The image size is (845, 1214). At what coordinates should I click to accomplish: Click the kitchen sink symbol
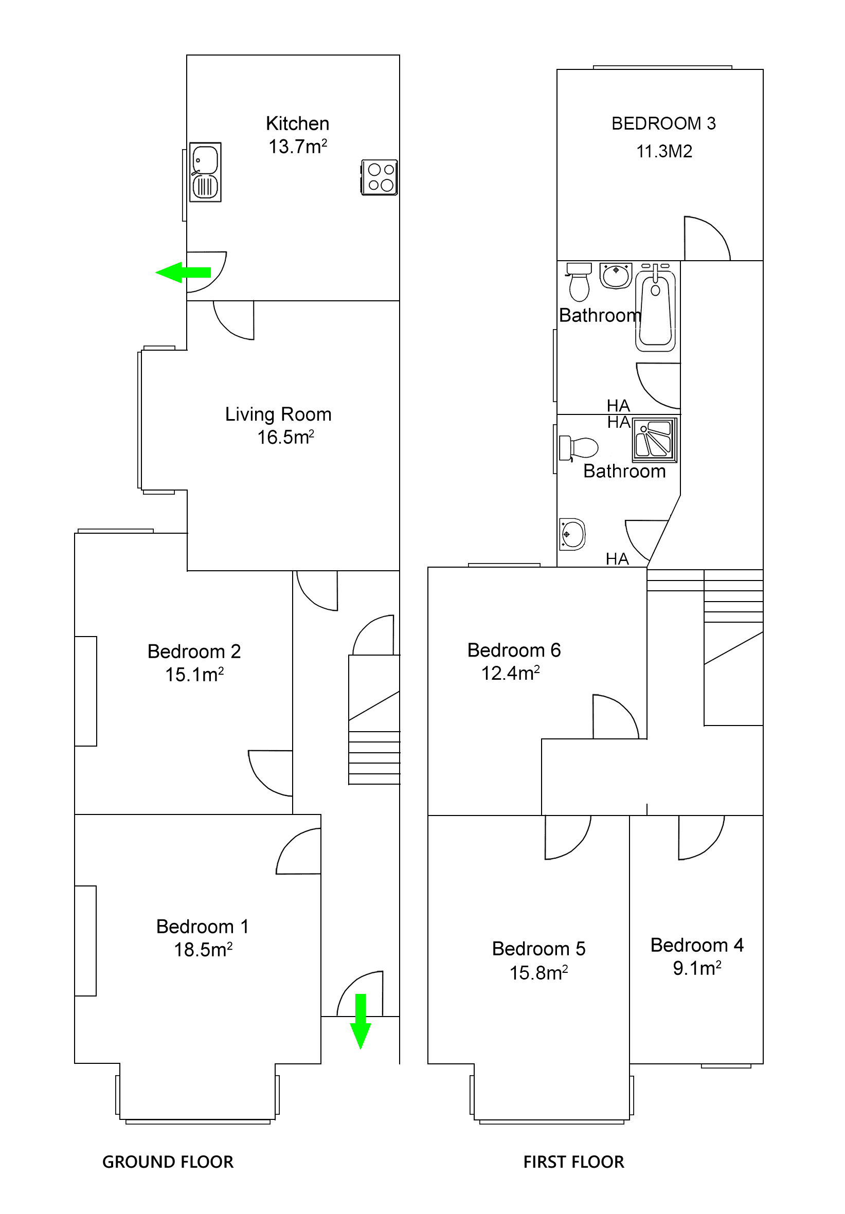coord(205,172)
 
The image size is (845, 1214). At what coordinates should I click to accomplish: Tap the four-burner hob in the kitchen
coord(379,177)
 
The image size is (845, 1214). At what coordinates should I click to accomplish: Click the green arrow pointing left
coord(183,273)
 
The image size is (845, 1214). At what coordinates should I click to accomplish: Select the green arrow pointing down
coord(360,1021)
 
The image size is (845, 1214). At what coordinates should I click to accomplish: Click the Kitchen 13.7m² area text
coord(297,135)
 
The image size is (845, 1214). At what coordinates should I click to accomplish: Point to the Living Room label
coord(278,414)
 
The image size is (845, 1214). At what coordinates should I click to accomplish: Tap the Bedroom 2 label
coord(194,651)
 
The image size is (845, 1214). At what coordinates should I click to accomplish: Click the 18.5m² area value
coord(203,950)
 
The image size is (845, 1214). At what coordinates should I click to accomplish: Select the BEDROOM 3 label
coord(663,123)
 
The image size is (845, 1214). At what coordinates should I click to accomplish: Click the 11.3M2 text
coord(663,151)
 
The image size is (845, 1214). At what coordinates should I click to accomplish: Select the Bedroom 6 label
coord(513,650)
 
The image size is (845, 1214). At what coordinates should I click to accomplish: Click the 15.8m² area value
coord(538,973)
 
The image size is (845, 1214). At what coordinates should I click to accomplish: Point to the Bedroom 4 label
coord(696,945)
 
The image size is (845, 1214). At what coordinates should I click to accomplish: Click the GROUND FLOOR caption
coord(168,1162)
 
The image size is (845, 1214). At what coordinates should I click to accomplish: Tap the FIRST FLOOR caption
coord(573,1162)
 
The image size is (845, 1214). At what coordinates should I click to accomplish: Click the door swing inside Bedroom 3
coord(705,239)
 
